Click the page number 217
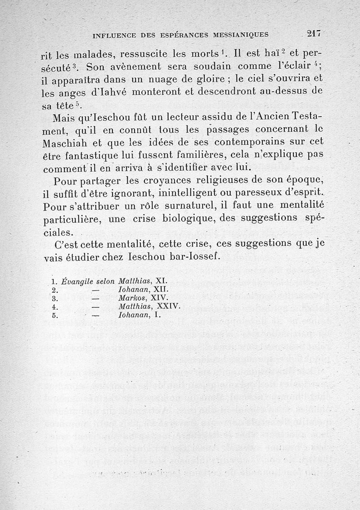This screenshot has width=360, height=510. coord(313,33)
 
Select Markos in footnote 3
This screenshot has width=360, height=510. coord(130,298)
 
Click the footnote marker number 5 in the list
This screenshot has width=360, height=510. coord(54,316)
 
